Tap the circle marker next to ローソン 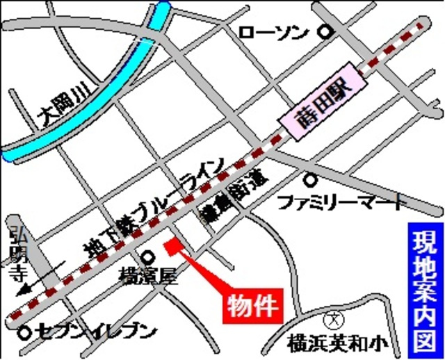click(x=324, y=31)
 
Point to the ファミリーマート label click(x=340, y=203)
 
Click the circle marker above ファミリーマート click(x=311, y=180)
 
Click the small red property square click(x=172, y=245)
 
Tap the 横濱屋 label click(x=149, y=277)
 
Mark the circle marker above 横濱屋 click(x=148, y=255)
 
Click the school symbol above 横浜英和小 click(x=334, y=320)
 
